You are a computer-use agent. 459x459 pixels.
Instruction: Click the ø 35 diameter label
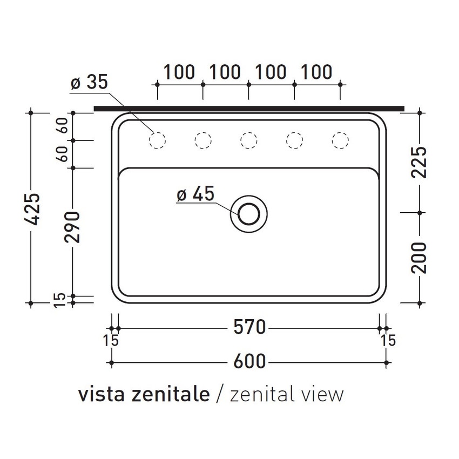pyautogui.click(x=90, y=83)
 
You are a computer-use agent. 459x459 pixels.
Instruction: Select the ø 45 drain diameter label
pyautogui.click(x=195, y=194)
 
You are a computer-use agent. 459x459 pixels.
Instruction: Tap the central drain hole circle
pyautogui.click(x=248, y=212)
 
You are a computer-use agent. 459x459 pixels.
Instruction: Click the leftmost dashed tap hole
pyautogui.click(x=157, y=140)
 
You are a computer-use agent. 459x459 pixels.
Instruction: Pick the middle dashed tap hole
pyautogui.click(x=248, y=140)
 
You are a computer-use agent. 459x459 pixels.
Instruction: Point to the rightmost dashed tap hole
pyautogui.click(x=340, y=140)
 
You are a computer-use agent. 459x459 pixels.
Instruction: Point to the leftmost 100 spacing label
pyautogui.click(x=179, y=72)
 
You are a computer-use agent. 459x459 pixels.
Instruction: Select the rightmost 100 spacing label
pyautogui.click(x=316, y=72)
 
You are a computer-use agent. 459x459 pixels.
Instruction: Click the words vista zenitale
pyautogui.click(x=144, y=394)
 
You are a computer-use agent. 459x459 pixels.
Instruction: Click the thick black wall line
pyautogui.click(x=248, y=109)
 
